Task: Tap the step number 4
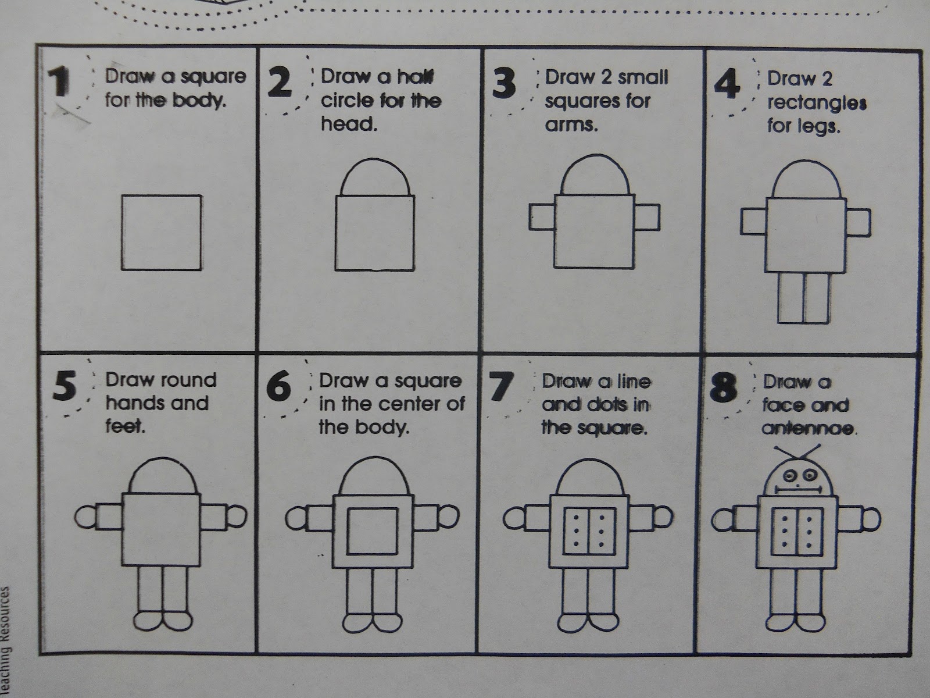click(x=727, y=84)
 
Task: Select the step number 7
click(x=502, y=386)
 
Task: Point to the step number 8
click(x=724, y=388)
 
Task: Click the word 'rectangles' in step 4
click(x=817, y=102)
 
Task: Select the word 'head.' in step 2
click(x=349, y=124)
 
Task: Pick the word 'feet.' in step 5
click(x=126, y=426)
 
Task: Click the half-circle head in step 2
click(x=375, y=159)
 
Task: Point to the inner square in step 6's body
click(x=373, y=508)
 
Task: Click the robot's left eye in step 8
click(x=789, y=476)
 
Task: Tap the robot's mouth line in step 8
click(x=798, y=490)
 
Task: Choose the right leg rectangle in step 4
click(x=816, y=298)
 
